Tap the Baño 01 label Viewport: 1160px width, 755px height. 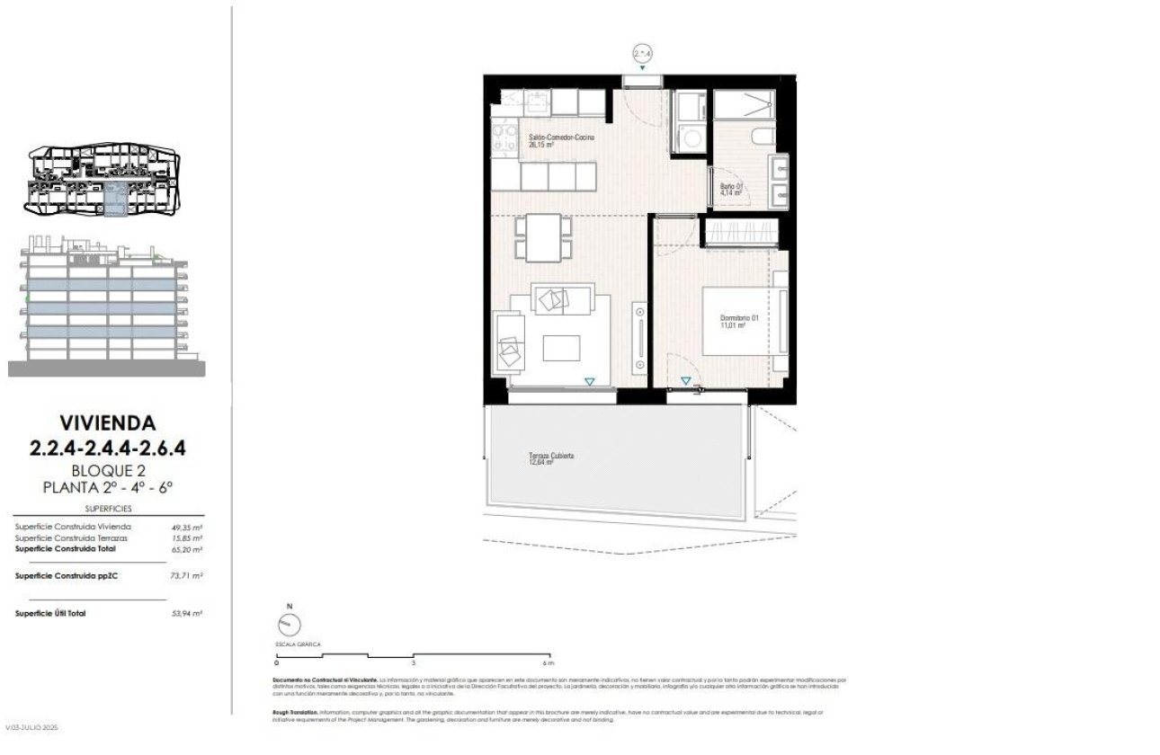pyautogui.click(x=730, y=190)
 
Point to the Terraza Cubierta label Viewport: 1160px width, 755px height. pyautogui.click(x=551, y=459)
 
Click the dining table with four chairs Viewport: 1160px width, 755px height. pyautogui.click(x=544, y=236)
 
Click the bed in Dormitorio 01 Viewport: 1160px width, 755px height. pyautogui.click(x=738, y=321)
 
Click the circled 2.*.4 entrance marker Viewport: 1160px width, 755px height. pyautogui.click(x=642, y=54)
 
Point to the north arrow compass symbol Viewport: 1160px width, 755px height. pyautogui.click(x=290, y=624)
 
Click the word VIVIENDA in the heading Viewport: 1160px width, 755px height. pyautogui.click(x=107, y=422)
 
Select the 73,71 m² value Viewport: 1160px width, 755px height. pyautogui.click(x=187, y=575)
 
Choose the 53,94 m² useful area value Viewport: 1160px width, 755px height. pyautogui.click(x=187, y=613)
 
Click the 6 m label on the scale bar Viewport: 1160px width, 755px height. pyautogui.click(x=548, y=663)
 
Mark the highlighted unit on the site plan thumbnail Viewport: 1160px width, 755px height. pyautogui.click(x=115, y=200)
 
